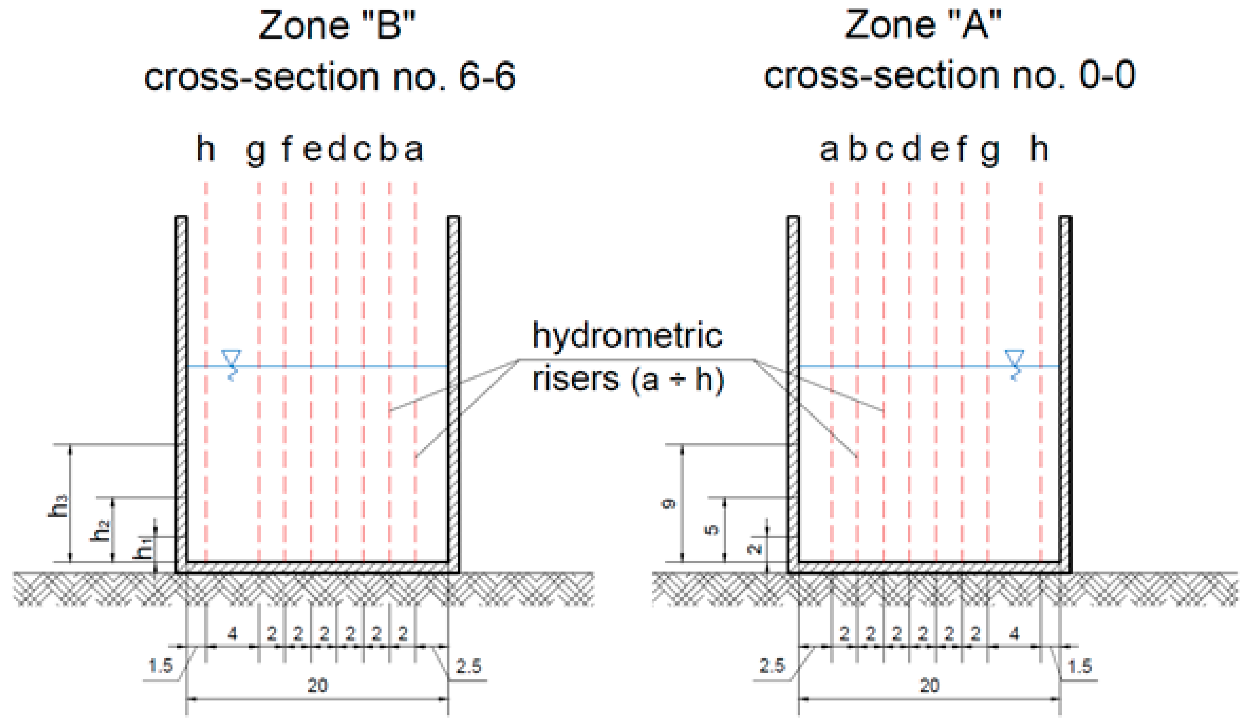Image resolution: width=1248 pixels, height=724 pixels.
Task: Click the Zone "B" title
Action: (x=337, y=26)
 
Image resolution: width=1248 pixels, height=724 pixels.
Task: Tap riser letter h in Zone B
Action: (x=206, y=149)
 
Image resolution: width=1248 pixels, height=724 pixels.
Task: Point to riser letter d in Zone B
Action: (x=337, y=149)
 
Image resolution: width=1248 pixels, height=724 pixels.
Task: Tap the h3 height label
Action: (x=58, y=506)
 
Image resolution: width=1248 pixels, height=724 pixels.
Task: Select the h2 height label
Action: (x=101, y=530)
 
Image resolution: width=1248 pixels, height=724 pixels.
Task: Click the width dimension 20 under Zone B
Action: (x=318, y=686)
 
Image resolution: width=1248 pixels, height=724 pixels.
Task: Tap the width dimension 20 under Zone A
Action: (x=930, y=686)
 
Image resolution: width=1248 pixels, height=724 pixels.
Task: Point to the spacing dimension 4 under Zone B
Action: (x=232, y=633)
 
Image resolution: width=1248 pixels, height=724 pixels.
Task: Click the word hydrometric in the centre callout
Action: (x=627, y=336)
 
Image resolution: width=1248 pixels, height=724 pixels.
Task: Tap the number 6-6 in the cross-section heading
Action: (x=487, y=77)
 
